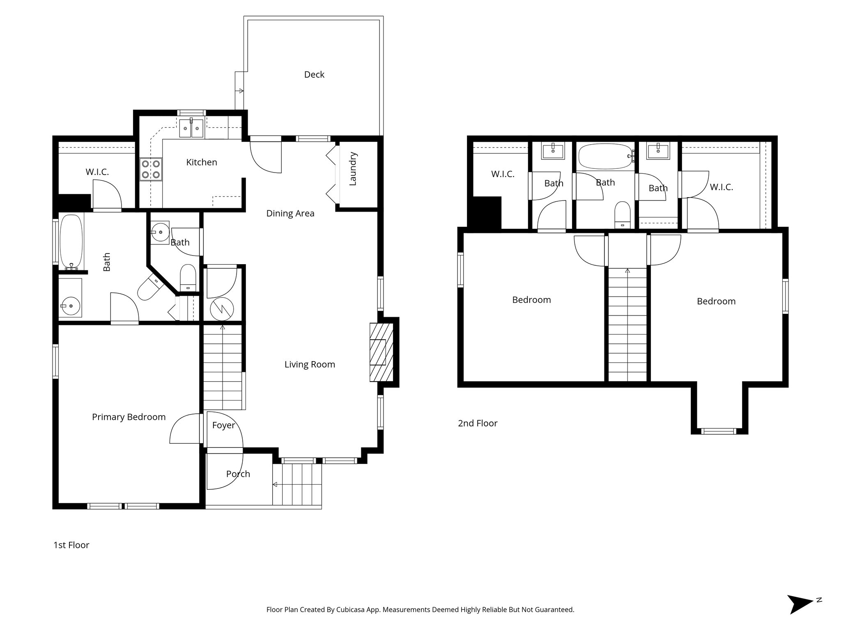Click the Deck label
coord(314,74)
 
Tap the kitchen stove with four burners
coord(151,169)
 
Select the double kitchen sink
coord(192,128)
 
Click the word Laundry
coord(353,169)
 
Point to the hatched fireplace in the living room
coord(381,352)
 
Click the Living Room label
coord(310,364)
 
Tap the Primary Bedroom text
coord(129,417)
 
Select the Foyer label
coord(223,425)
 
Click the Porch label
coord(238,474)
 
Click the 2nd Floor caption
coord(478,423)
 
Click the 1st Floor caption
coord(71,545)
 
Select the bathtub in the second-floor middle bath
coord(605,156)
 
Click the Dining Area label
coord(290,213)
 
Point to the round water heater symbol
coord(222,309)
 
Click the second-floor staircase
coord(627,325)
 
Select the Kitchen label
coord(201,162)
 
